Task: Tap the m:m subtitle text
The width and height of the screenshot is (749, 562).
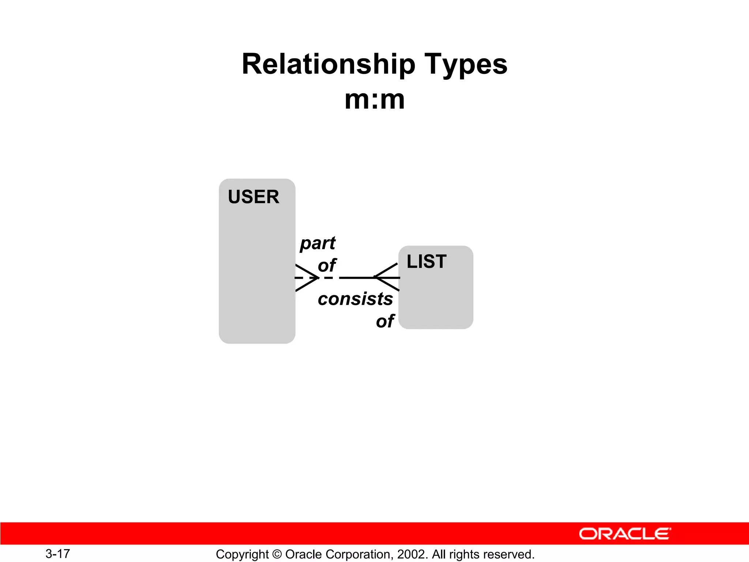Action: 374,100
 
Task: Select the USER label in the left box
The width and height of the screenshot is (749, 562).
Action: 253,197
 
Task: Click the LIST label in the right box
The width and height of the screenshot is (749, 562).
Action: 426,262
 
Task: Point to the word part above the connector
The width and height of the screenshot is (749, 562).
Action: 317,244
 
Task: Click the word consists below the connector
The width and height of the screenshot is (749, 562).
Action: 355,299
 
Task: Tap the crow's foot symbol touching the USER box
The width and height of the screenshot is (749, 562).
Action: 306,278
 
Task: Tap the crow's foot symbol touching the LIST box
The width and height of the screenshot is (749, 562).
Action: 387,277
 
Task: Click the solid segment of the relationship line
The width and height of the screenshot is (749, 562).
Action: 357,278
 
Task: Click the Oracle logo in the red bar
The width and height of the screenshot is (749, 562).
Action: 625,534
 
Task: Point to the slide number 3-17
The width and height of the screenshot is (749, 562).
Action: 58,554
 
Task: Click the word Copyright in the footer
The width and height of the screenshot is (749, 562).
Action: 242,555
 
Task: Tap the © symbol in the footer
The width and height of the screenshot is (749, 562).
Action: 277,554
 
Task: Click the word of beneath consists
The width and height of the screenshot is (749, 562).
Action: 385,321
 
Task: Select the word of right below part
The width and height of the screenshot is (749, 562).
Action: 327,265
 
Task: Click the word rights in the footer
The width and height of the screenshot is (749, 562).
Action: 464,555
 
